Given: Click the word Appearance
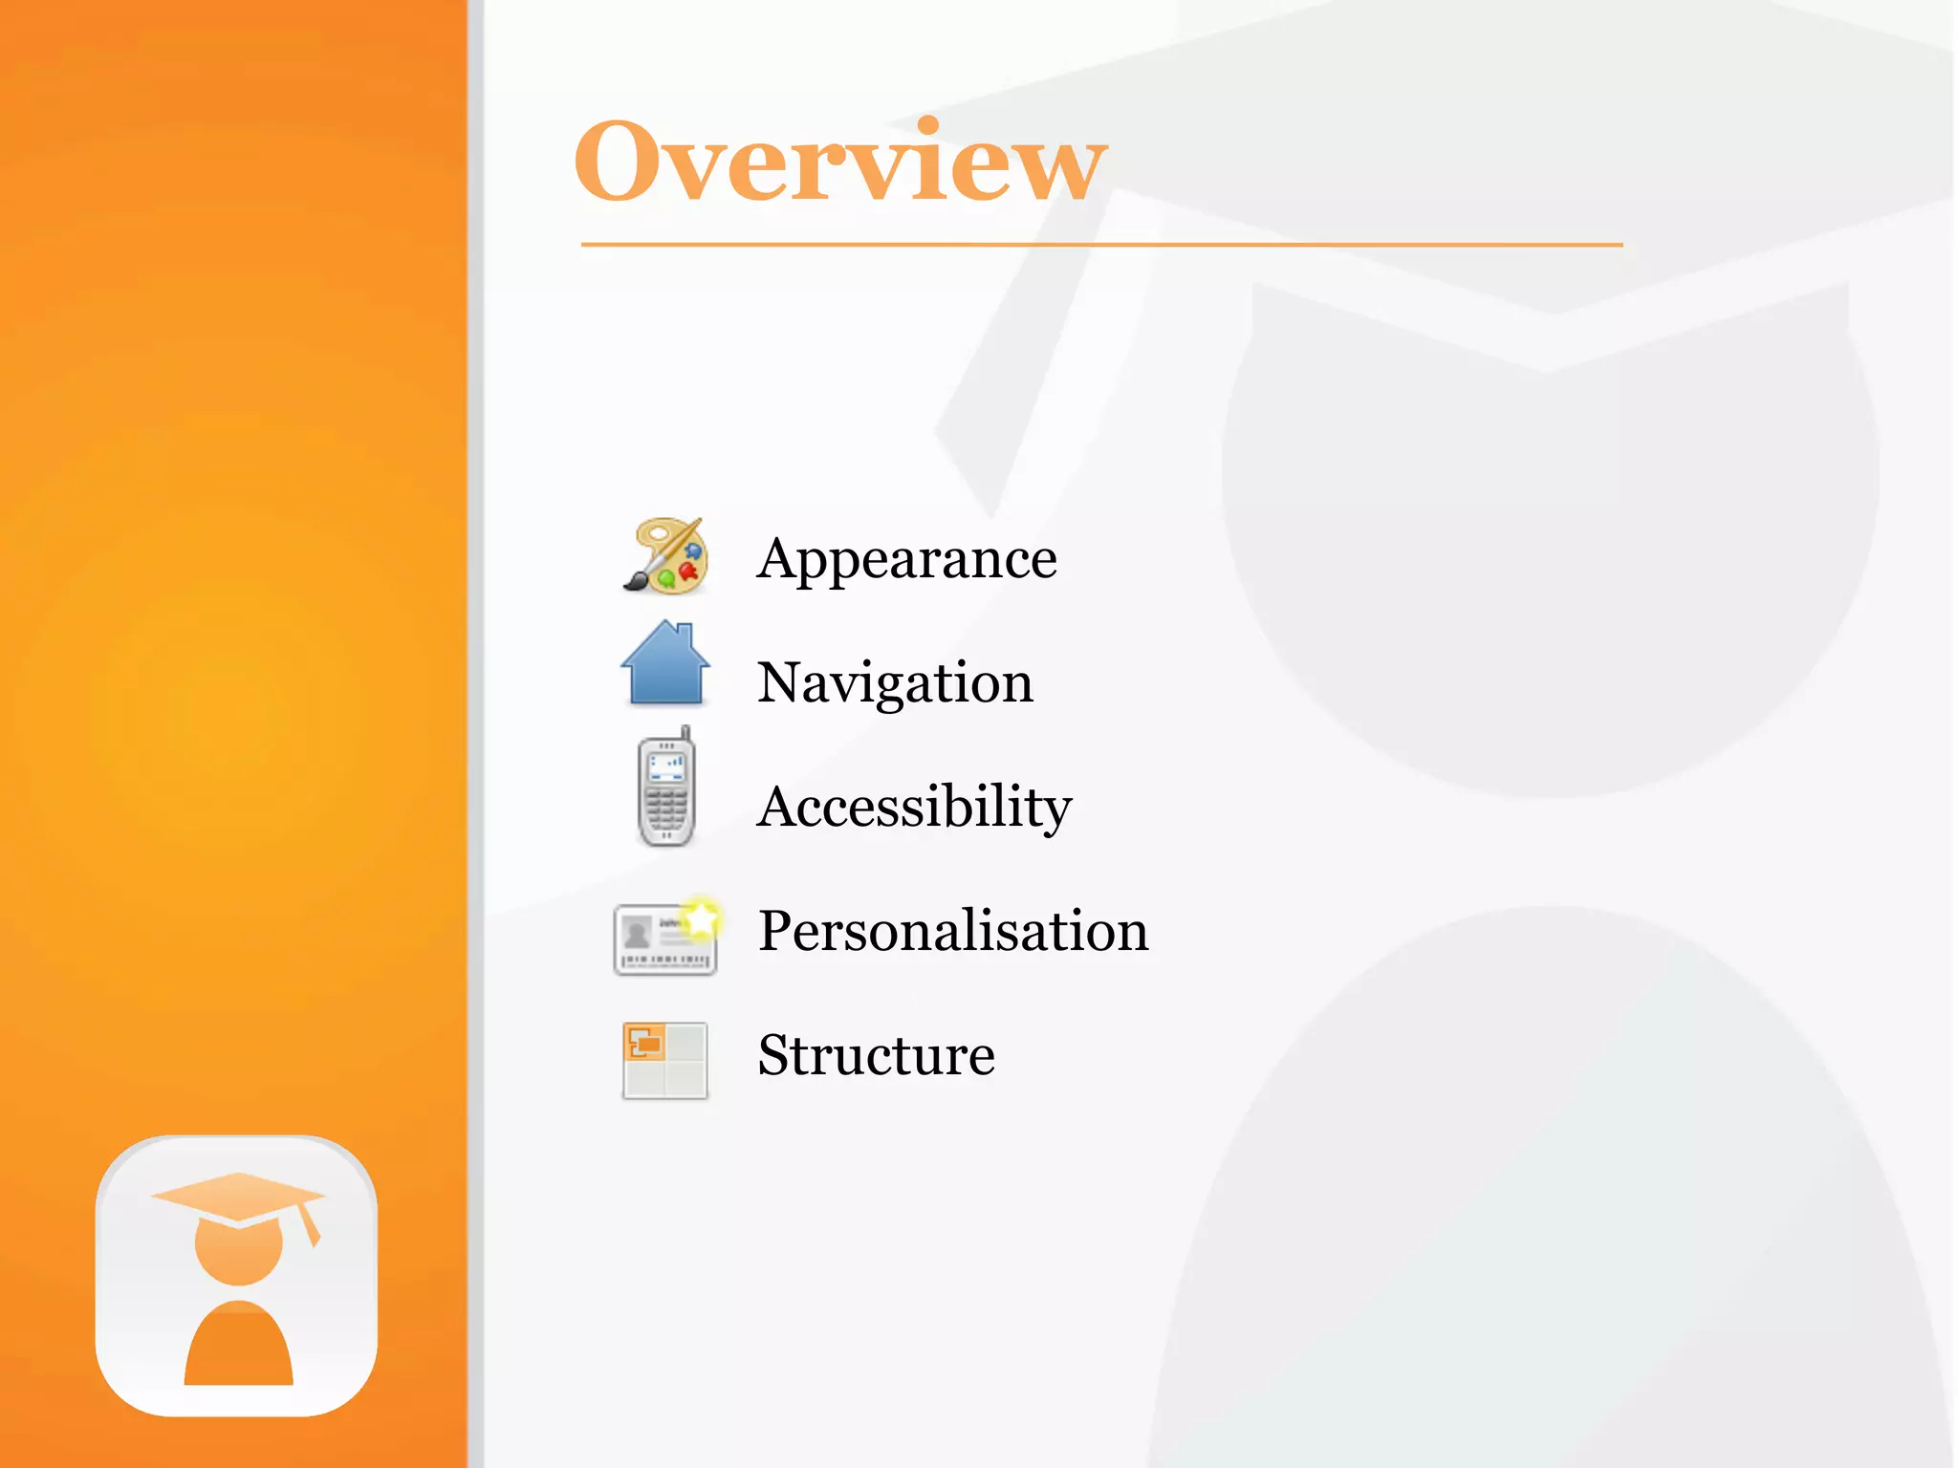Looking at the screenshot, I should [x=906, y=558].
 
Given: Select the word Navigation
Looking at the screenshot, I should [x=895, y=682].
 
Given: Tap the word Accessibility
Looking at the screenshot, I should [x=914, y=807].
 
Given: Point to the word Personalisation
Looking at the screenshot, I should [x=953, y=931].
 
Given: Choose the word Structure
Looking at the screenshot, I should [x=876, y=1055].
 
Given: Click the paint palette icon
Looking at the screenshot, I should [x=667, y=556].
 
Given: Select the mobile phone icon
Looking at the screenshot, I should [x=666, y=789].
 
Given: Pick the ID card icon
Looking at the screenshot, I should [x=664, y=939].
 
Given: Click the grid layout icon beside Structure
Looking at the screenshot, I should [x=665, y=1061].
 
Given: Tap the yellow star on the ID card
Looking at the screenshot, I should [x=703, y=919].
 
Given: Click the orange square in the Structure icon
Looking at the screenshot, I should [x=644, y=1042].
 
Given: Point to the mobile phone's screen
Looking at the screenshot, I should [x=666, y=766].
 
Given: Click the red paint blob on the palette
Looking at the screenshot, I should [x=687, y=572].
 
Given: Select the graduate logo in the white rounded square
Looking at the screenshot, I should [x=237, y=1276].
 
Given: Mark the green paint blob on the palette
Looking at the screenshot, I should [x=666, y=577].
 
